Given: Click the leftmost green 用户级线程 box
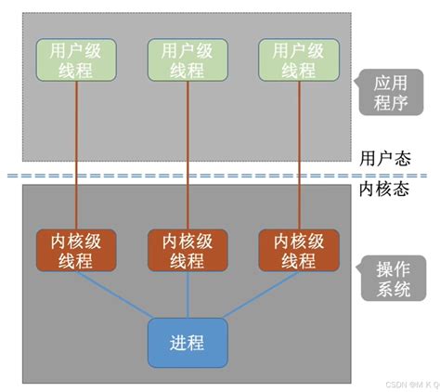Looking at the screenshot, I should pyautogui.click(x=75, y=59).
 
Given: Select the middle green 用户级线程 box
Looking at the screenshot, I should pyautogui.click(x=187, y=59).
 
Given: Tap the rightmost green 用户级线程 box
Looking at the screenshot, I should pyautogui.click(x=297, y=59).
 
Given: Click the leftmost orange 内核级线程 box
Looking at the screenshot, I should pyautogui.click(x=75, y=250).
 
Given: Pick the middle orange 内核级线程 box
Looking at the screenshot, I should pyautogui.click(x=187, y=250).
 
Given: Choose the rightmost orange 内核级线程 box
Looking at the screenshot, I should pyautogui.click(x=297, y=250).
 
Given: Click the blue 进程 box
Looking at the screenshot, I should pyautogui.click(x=187, y=341).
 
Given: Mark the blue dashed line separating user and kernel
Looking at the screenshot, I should pyautogui.click(x=186, y=175).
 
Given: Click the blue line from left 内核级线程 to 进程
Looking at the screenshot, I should pyautogui.click(x=111, y=295).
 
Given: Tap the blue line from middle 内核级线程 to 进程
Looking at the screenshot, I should pyautogui.click(x=187, y=295).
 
